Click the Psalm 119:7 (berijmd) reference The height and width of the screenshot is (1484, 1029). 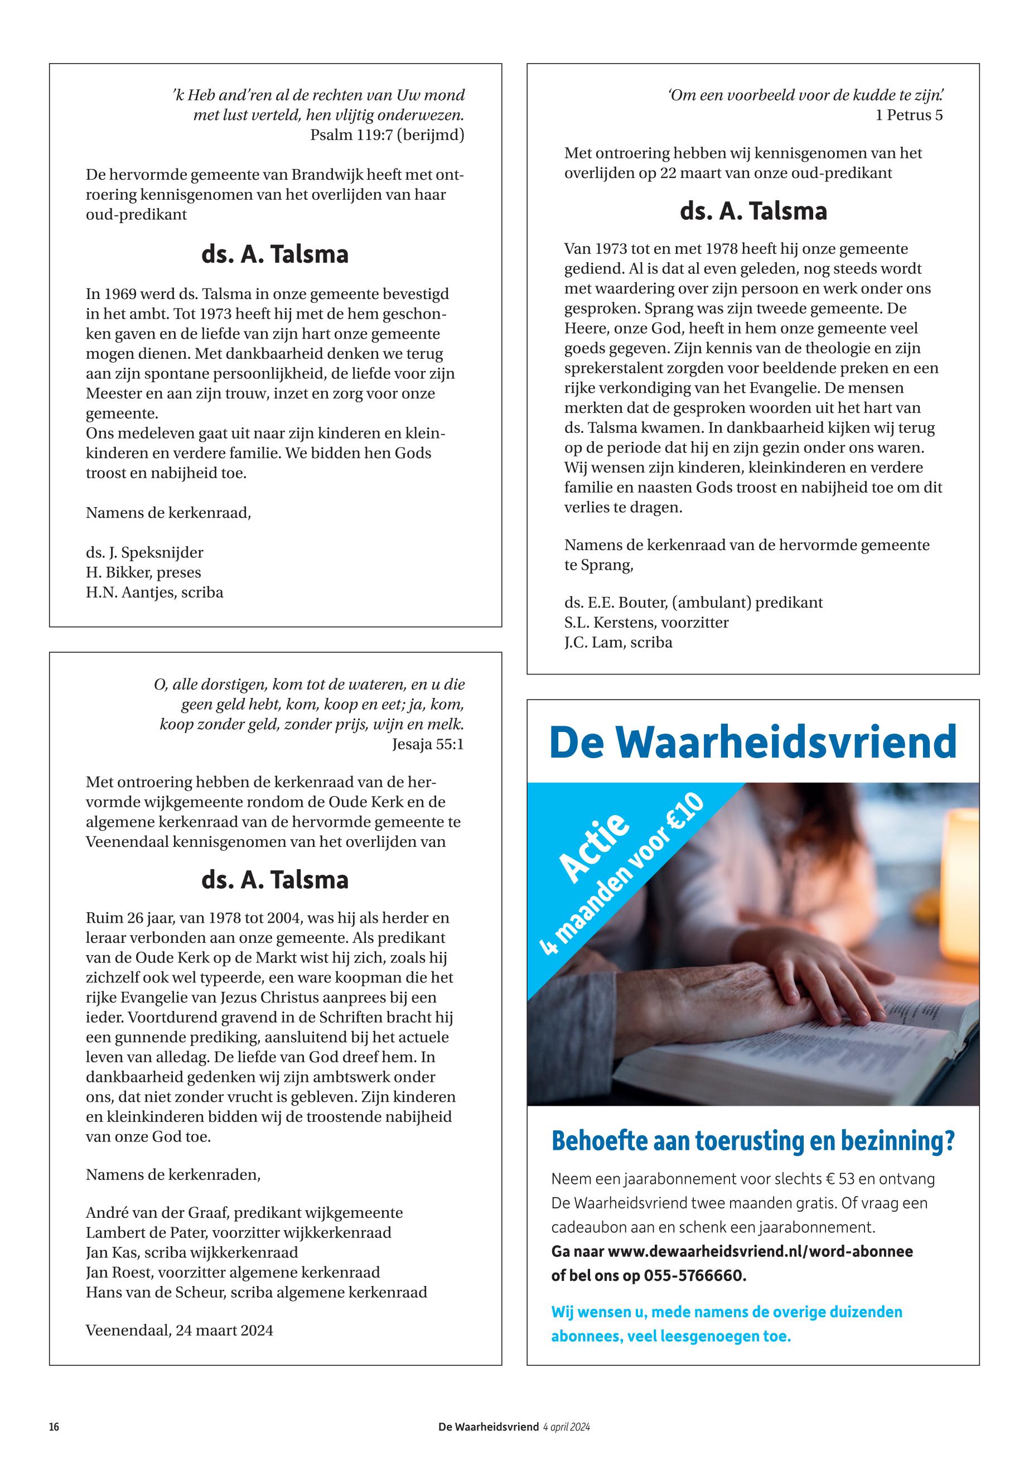(387, 136)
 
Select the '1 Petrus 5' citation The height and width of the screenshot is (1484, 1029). (909, 115)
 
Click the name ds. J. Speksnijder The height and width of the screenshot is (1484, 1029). (144, 553)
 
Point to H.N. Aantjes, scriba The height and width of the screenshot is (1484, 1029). (154, 592)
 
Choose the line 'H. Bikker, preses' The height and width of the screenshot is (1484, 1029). (143, 573)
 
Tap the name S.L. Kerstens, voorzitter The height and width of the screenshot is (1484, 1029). (646, 623)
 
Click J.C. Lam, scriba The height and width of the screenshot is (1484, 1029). (617, 642)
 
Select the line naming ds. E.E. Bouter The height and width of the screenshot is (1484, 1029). (693, 603)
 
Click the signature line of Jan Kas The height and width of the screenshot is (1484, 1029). (191, 1252)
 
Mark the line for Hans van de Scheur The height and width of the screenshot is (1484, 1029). (256, 1292)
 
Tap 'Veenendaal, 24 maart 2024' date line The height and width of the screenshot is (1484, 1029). (179, 1330)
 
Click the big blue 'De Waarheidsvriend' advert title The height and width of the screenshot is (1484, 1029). (752, 743)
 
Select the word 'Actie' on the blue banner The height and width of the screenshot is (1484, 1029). (594, 847)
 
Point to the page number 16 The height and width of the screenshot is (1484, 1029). (54, 1427)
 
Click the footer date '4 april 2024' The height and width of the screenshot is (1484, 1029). (566, 1427)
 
